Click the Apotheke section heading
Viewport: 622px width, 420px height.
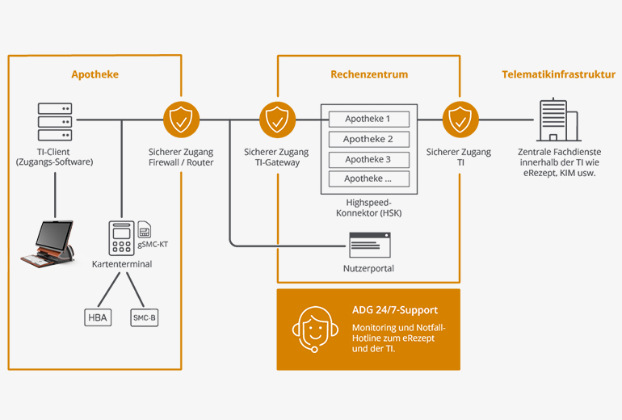[x=95, y=74]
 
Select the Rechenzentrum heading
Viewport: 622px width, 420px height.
[x=368, y=74]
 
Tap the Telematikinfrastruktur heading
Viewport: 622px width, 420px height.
[x=558, y=74]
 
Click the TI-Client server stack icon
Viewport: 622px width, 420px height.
[x=55, y=121]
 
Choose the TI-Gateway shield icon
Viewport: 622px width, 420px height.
[x=276, y=120]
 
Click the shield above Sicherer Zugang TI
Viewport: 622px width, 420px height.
[x=459, y=120]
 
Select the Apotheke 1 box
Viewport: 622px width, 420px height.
[x=368, y=119]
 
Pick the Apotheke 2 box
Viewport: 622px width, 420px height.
[x=368, y=139]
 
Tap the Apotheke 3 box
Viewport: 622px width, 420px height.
[x=368, y=159]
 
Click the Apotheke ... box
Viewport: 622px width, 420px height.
[x=368, y=179]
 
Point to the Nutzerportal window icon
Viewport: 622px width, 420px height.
[x=369, y=244]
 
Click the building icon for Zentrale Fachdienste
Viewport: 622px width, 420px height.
[x=557, y=121]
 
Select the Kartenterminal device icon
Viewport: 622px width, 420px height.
[x=121, y=237]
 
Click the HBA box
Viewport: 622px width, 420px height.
[x=98, y=317]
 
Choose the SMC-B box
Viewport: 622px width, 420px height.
[x=145, y=317]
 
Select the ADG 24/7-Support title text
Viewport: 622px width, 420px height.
[x=395, y=309]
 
